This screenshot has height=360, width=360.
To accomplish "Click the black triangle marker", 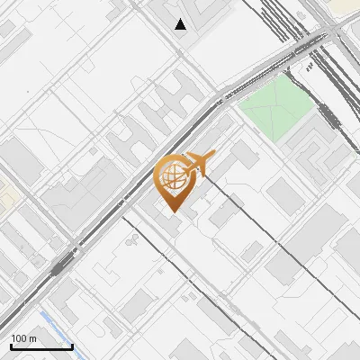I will [x=181, y=24].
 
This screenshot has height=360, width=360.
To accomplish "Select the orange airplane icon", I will [x=200, y=163].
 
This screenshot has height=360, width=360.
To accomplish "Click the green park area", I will [x=274, y=105].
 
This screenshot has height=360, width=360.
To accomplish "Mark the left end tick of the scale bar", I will [x=10, y=346].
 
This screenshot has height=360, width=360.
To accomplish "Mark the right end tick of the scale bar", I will [x=72, y=346].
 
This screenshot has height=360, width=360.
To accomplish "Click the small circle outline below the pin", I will [x=135, y=239].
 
